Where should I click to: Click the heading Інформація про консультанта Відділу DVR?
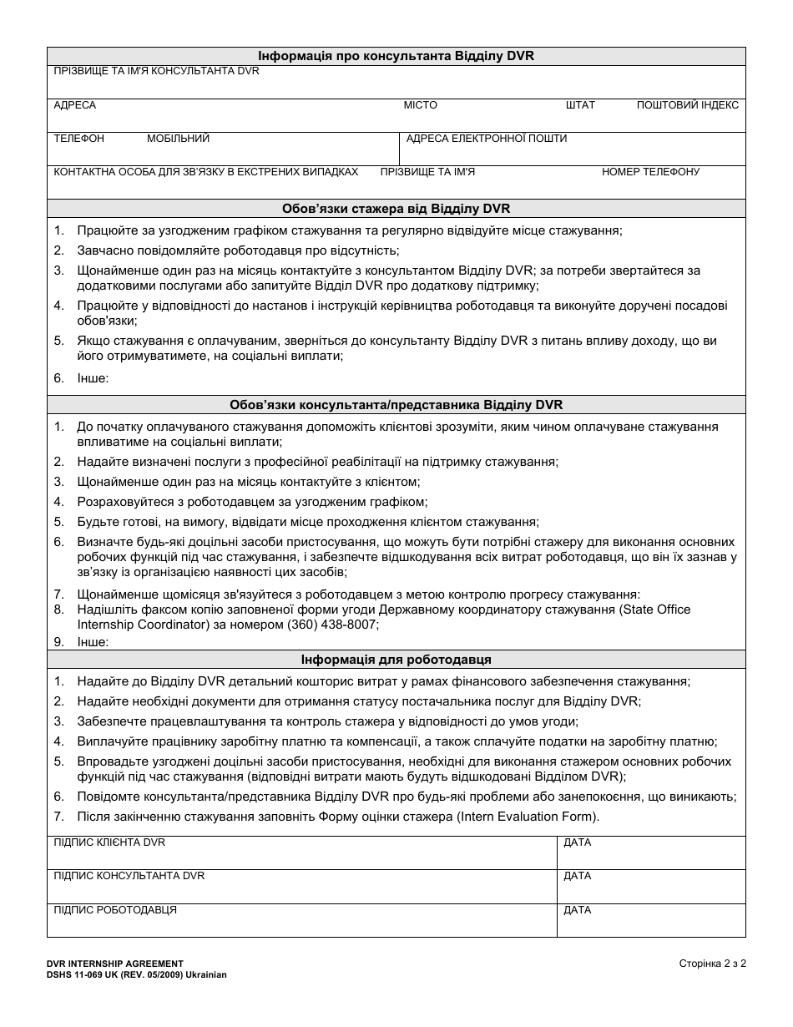(x=396, y=57)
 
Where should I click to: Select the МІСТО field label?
(x=420, y=105)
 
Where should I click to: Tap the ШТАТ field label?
(x=580, y=105)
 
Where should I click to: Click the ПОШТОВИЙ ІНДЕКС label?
(x=687, y=105)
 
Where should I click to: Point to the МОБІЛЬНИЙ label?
(x=178, y=139)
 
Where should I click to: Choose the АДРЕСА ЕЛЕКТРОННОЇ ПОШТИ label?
(x=486, y=139)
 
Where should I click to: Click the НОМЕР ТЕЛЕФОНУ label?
(x=650, y=172)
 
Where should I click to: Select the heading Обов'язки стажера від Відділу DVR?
(x=396, y=209)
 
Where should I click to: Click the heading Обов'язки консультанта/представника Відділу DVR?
(x=396, y=405)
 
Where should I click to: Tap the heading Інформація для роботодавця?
(x=396, y=660)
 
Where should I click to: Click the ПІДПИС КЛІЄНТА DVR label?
(x=109, y=842)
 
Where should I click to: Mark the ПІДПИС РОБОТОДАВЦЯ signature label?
(x=115, y=909)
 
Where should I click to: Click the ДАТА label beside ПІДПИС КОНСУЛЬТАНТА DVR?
(x=577, y=876)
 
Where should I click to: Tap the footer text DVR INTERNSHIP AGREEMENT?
(x=115, y=963)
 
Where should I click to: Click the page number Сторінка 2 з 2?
(x=712, y=963)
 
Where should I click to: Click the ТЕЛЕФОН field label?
(x=78, y=139)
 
